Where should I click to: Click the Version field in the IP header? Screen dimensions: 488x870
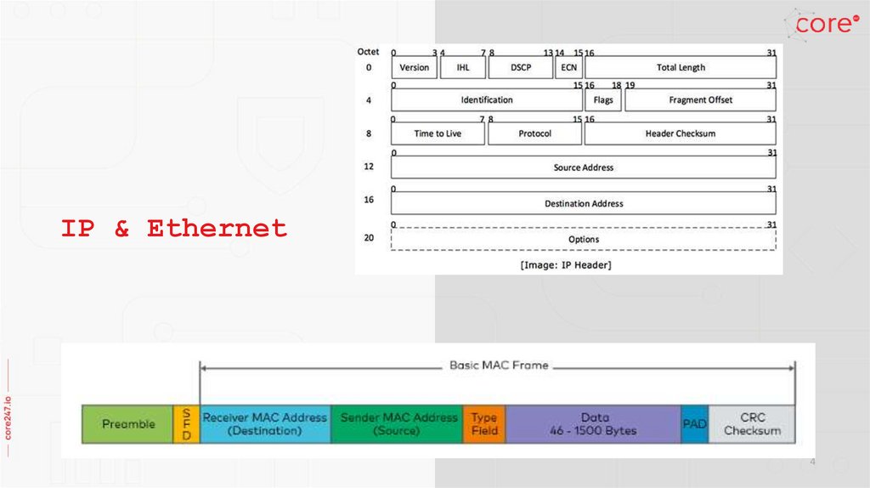point(415,67)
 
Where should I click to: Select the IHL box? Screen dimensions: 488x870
point(463,67)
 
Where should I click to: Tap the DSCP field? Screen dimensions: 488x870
point(521,67)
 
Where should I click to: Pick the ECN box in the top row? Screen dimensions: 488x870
point(568,67)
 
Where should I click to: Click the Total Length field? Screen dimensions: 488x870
point(681,67)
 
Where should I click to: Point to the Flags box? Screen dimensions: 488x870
point(603,100)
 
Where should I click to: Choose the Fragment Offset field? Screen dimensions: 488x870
point(700,100)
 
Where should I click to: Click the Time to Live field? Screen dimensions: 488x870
point(438,133)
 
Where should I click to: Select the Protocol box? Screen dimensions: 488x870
point(534,133)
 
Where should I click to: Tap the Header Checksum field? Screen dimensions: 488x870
point(681,133)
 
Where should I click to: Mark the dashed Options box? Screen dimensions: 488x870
point(584,239)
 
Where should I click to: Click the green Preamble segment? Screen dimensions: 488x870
point(127,424)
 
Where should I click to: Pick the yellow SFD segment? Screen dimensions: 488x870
point(186,424)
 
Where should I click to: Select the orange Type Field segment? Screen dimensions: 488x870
point(483,424)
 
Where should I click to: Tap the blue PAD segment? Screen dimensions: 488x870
point(694,424)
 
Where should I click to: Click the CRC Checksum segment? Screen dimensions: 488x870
point(752,424)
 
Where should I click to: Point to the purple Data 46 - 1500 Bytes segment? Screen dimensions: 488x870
point(594,424)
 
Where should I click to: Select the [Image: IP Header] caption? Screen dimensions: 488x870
point(566,265)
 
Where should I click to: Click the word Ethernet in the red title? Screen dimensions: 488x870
point(217,229)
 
